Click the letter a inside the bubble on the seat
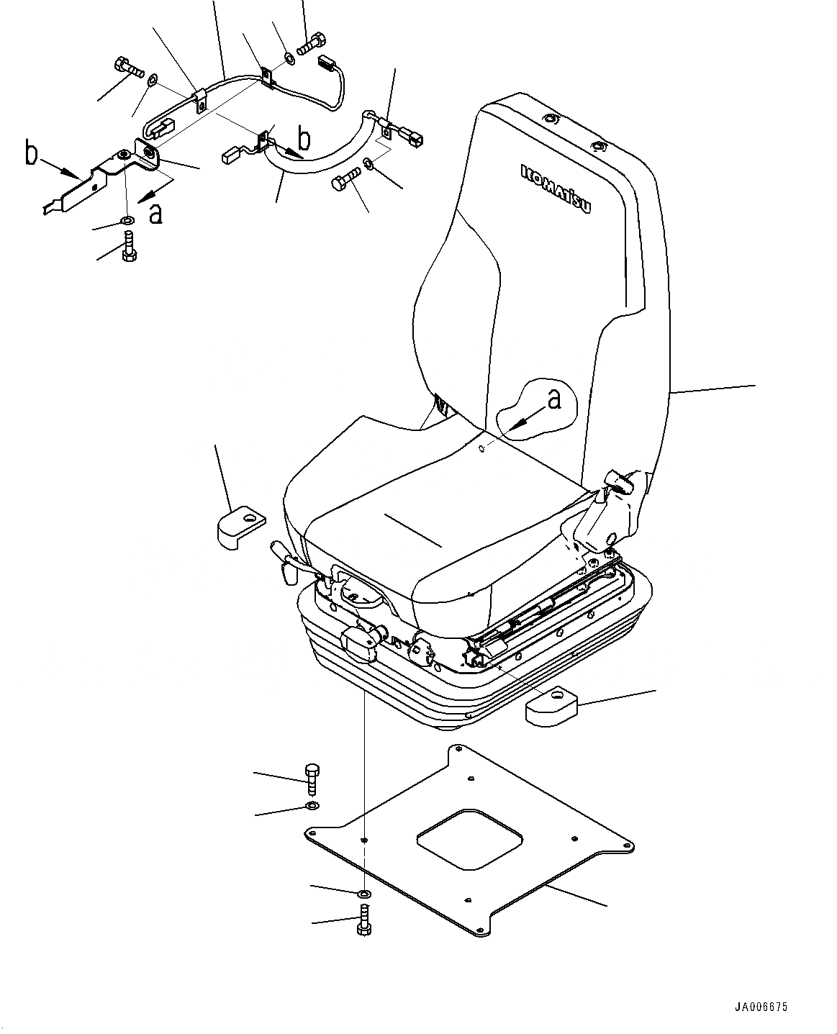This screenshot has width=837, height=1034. pyautogui.click(x=553, y=399)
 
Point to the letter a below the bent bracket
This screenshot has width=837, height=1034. pyautogui.click(x=155, y=213)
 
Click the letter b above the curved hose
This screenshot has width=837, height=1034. pyautogui.click(x=304, y=138)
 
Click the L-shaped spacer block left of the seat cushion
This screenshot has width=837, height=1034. pyautogui.click(x=238, y=527)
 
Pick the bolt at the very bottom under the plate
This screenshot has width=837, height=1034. pyautogui.click(x=363, y=920)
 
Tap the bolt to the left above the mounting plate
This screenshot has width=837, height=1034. pyautogui.click(x=312, y=779)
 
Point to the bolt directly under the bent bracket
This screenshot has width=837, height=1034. pyautogui.click(x=129, y=248)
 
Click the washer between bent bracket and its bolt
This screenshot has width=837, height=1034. pyautogui.click(x=127, y=219)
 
